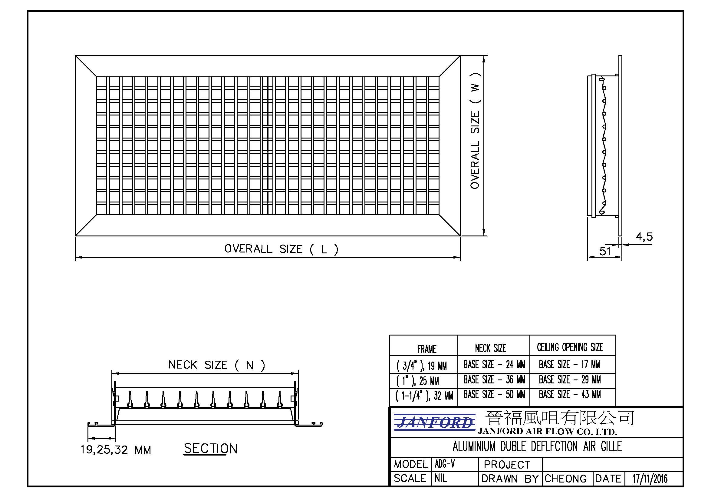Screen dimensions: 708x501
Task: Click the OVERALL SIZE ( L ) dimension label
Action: click(281, 249)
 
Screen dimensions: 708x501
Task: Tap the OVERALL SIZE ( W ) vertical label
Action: click(475, 131)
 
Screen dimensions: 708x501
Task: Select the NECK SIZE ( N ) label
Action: click(217, 365)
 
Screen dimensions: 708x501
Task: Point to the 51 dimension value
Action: click(605, 251)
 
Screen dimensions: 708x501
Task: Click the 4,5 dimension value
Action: click(644, 237)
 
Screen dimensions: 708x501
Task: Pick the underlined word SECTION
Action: click(211, 449)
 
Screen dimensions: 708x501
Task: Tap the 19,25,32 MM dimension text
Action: click(116, 450)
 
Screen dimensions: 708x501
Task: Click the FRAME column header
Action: click(427, 349)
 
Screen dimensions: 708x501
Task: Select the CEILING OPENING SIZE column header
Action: click(570, 347)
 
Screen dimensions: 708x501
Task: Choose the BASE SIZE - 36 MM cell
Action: click(494, 379)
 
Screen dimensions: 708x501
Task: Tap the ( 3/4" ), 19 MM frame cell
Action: click(422, 366)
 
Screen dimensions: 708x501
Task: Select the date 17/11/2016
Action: click(650, 479)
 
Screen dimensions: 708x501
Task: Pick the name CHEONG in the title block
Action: click(565, 479)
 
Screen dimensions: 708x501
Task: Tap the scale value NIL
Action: click(440, 478)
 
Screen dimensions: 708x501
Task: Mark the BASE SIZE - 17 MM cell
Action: click(569, 365)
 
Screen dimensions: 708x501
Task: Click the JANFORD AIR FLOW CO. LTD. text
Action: click(547, 431)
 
